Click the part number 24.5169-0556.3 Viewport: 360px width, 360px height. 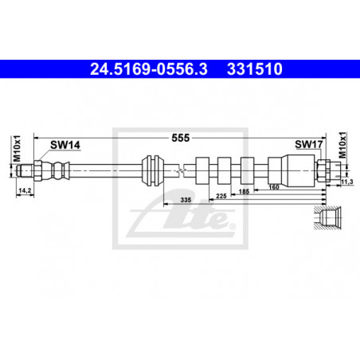pos(149,69)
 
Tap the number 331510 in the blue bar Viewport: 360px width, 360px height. pos(255,69)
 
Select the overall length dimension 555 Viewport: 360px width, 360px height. pos(181,138)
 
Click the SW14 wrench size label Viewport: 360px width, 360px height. pos(65,145)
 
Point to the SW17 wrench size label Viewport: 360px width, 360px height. pos(309,144)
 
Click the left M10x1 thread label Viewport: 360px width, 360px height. pos(17,148)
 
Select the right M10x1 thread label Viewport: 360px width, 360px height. pos(342,145)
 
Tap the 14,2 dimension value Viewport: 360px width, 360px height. pos(25,190)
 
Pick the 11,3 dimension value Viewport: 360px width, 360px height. pos(347,182)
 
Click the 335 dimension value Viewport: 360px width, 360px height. pos(186,200)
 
